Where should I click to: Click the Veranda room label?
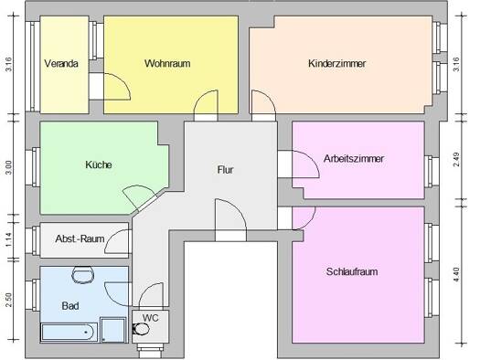point(61,64)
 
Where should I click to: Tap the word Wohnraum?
point(167,64)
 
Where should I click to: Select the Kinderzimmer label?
point(337,64)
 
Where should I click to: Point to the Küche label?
point(99,164)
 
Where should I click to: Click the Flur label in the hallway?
point(225,169)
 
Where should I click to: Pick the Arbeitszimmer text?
point(354,159)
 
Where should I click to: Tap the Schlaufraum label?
point(352,271)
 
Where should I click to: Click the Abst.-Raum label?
point(80,238)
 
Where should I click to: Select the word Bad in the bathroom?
point(70,305)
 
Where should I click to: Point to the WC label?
point(151,318)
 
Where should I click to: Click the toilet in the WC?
point(141,330)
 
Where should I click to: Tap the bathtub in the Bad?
point(69,333)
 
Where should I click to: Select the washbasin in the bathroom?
point(83,275)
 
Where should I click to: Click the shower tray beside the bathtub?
point(113,330)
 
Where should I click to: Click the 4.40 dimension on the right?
point(456,275)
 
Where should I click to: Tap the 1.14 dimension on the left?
point(9,240)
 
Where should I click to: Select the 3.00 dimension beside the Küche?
point(9,167)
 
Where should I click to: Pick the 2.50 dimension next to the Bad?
point(9,300)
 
